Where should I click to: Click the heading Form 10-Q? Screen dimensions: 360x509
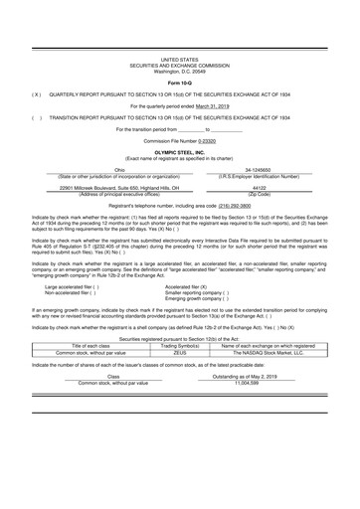point(180,82)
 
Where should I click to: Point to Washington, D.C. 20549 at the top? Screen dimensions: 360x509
point(180,70)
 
